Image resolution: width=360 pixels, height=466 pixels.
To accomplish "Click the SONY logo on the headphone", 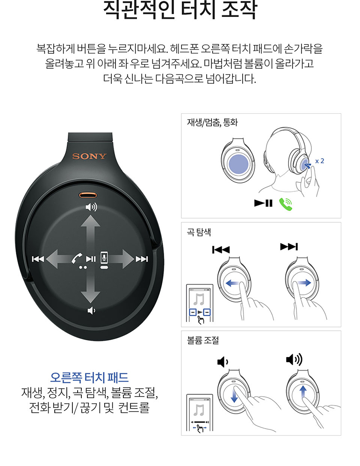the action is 89,156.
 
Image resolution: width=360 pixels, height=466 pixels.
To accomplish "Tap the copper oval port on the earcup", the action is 88,195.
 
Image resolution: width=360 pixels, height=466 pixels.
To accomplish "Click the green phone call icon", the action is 286,204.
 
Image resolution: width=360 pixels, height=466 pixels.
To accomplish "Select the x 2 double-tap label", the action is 320,161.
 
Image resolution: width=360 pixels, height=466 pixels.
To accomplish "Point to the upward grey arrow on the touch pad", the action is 90,235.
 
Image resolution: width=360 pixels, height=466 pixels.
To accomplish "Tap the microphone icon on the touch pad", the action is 104,257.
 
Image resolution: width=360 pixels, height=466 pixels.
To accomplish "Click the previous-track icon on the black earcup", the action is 38,259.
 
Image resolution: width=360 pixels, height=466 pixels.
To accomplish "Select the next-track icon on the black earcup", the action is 142,259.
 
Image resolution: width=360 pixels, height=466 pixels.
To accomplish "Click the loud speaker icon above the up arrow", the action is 91,207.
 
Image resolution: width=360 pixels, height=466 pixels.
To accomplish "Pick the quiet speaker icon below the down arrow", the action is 91,311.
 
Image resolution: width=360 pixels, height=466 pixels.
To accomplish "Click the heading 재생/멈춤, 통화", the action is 212,122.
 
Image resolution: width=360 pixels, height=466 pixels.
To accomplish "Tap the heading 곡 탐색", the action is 199,232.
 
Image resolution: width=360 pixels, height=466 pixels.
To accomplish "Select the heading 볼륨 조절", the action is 203,340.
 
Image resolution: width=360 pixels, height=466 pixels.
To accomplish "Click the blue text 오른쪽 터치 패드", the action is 89,378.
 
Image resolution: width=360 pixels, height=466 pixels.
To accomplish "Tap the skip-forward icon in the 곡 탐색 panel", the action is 289,247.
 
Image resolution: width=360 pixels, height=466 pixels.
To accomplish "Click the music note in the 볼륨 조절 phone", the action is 199,410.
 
